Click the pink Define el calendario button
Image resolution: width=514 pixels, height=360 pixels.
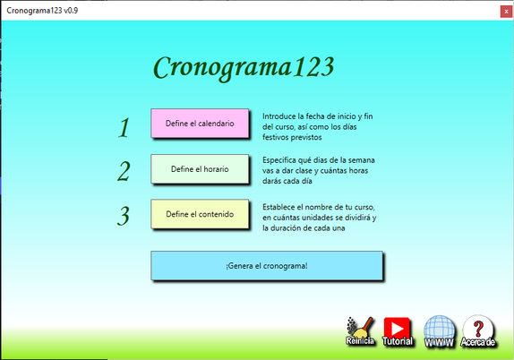coord(200,124)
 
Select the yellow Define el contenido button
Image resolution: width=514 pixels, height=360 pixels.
coord(200,214)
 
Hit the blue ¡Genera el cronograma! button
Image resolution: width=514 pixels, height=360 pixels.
coord(267,266)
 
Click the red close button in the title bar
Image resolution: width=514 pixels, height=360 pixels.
coord(506,12)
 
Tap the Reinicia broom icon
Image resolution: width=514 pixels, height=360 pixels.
coord(360,331)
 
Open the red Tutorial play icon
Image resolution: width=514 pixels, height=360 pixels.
coord(398,331)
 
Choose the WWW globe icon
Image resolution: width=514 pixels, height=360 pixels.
coord(440,331)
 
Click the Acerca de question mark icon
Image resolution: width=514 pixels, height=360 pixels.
coord(478,331)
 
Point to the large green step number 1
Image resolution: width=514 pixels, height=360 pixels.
coord(124,127)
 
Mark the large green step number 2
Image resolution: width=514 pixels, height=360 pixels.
coord(124,171)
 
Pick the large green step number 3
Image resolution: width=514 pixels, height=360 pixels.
coord(124,216)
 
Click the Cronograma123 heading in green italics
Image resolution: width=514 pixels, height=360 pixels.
coord(244,67)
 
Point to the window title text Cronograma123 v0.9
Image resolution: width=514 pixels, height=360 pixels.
coord(42,11)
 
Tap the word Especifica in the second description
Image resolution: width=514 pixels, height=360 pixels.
coord(278,160)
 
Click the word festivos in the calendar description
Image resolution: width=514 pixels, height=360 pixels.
coord(275,137)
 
